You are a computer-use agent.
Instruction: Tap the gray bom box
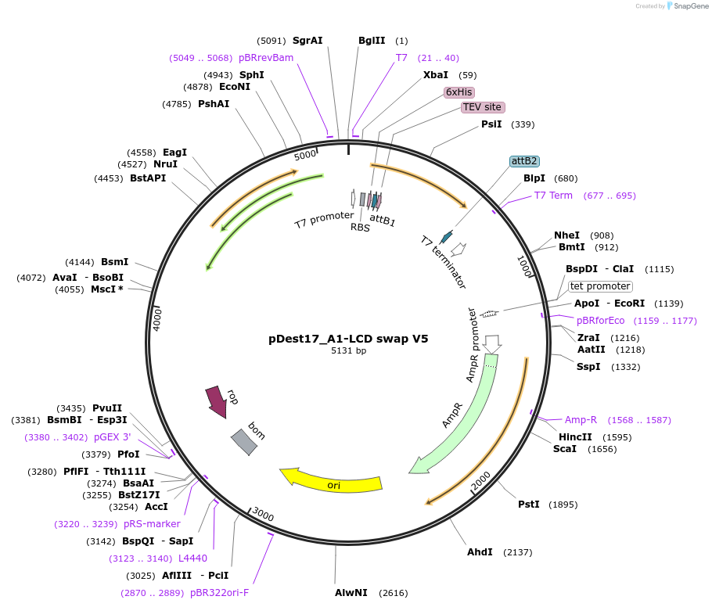click(x=243, y=442)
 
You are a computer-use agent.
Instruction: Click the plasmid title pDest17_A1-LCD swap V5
click(x=348, y=339)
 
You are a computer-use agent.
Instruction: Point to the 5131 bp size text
click(x=348, y=351)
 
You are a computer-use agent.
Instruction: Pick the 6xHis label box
click(x=459, y=92)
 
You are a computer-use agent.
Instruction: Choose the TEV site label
click(x=482, y=107)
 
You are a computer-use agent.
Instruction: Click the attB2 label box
click(x=523, y=161)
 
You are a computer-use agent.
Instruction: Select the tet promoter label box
click(x=600, y=286)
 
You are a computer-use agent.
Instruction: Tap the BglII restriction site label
click(x=372, y=41)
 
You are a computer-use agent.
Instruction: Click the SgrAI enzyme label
click(x=307, y=41)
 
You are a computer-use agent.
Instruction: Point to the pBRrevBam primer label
click(x=266, y=58)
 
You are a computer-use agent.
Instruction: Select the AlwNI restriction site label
click(x=351, y=593)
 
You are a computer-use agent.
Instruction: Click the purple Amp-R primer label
click(x=581, y=420)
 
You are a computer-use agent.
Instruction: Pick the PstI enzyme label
click(x=529, y=505)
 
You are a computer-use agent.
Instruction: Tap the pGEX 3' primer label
click(x=113, y=437)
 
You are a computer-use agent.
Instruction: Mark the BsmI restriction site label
click(x=115, y=262)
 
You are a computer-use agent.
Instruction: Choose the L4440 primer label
click(x=192, y=559)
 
